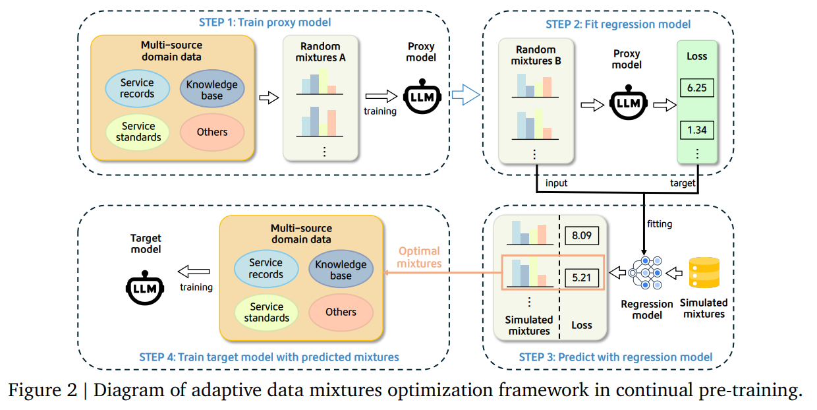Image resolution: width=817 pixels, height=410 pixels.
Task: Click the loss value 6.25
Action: pos(696,87)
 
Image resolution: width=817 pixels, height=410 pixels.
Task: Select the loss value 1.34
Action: pos(696,130)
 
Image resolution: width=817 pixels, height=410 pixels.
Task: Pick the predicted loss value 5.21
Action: pos(582,278)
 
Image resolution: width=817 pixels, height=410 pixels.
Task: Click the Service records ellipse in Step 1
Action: pos(137,88)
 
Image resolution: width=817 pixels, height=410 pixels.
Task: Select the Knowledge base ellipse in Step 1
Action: pos(211,90)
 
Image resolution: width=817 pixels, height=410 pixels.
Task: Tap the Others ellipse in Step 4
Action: pos(341,312)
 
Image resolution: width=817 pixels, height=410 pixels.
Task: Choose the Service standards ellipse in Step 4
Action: pos(266,312)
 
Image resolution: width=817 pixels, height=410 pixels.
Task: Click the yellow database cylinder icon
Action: pos(704,273)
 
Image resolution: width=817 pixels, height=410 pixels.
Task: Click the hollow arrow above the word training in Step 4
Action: pos(194,271)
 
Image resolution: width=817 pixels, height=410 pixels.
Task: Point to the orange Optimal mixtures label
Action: pos(419,257)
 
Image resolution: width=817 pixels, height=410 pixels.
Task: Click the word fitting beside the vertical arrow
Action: pos(659,224)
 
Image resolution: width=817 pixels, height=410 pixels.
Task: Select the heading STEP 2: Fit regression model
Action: pos(618,24)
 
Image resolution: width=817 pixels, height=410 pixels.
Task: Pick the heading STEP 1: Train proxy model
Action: pos(265,22)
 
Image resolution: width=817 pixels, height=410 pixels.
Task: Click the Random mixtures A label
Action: pos(323,52)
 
